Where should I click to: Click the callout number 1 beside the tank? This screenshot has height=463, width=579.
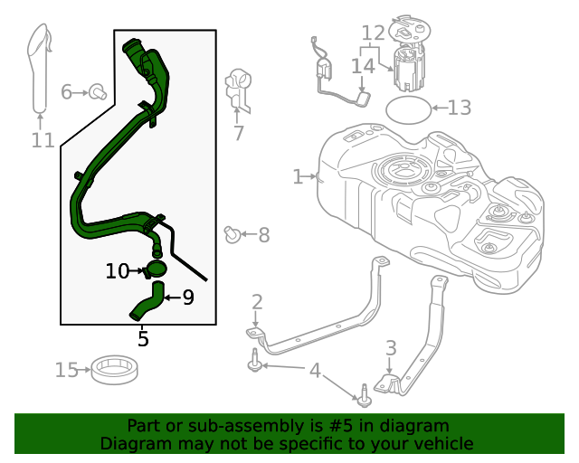click(x=298, y=176)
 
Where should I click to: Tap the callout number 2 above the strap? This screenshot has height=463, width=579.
click(x=257, y=302)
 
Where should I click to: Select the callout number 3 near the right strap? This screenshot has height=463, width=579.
click(x=391, y=347)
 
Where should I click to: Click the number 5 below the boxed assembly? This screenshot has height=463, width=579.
click(x=143, y=339)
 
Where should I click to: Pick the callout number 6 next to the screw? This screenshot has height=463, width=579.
click(x=67, y=91)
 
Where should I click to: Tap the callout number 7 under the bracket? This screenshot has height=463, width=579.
click(x=239, y=133)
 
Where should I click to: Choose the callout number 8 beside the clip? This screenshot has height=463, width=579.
click(x=263, y=236)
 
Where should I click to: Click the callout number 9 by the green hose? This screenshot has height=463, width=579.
click(x=188, y=297)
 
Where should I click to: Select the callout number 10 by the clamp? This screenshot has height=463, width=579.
click(x=118, y=270)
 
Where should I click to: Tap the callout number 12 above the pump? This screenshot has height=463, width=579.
click(x=374, y=34)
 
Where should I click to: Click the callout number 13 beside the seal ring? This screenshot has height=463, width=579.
click(x=460, y=109)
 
